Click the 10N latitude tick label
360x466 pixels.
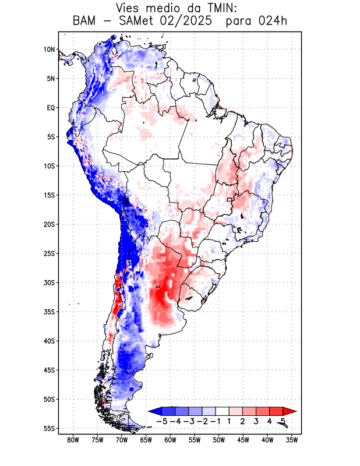(49, 50)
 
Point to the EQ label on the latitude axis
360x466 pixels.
(50, 108)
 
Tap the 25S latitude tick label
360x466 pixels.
(49, 253)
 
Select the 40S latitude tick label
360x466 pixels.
(49, 341)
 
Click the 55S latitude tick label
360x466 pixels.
(49, 429)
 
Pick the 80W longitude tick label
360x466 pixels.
(73, 440)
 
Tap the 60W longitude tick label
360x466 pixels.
(170, 440)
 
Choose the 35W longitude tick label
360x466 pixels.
(292, 440)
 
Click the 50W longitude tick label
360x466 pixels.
(219, 440)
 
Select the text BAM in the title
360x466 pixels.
(86, 22)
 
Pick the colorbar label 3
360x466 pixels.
(256, 421)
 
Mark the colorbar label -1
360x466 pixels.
(215, 421)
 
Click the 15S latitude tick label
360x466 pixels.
(49, 195)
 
